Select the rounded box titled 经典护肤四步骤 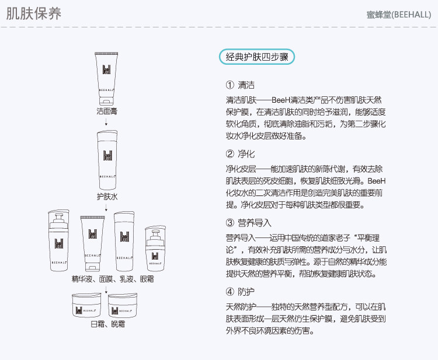pyautogui.click(x=258, y=57)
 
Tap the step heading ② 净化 pyautogui.click(x=239, y=154)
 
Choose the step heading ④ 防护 pyautogui.click(x=239, y=291)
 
